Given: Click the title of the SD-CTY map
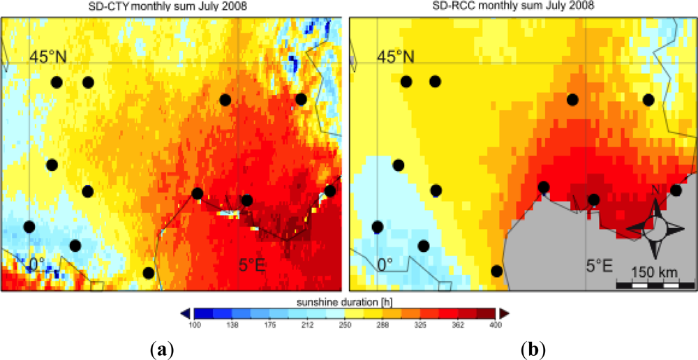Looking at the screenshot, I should [x=170, y=6].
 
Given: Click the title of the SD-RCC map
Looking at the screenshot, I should [x=519, y=6].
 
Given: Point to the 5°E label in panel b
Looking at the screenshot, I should [x=598, y=266].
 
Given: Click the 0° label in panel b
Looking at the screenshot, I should [x=385, y=266].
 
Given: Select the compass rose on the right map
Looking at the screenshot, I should [x=655, y=227].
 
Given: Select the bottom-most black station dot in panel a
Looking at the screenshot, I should [x=148, y=272].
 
